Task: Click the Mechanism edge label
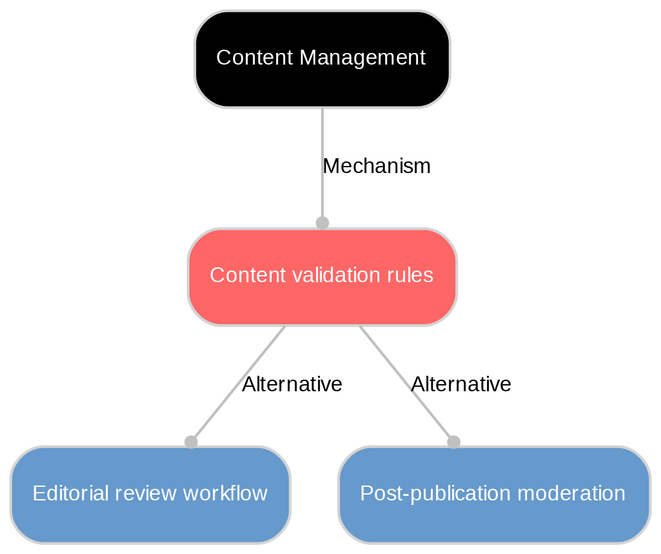point(376,167)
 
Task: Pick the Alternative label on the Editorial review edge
point(291,385)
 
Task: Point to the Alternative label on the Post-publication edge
point(460,385)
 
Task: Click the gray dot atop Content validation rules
point(322,223)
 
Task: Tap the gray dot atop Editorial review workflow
point(191,442)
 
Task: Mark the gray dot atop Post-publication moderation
point(453,442)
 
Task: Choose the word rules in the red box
point(412,276)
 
